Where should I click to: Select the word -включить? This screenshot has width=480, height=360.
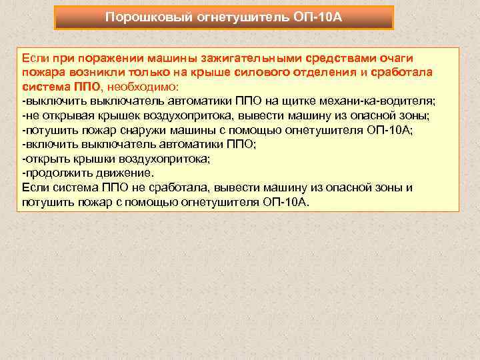click(48, 144)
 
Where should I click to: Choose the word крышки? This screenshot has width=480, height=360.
click(96, 158)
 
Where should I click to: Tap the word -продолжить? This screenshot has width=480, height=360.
click(55, 172)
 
